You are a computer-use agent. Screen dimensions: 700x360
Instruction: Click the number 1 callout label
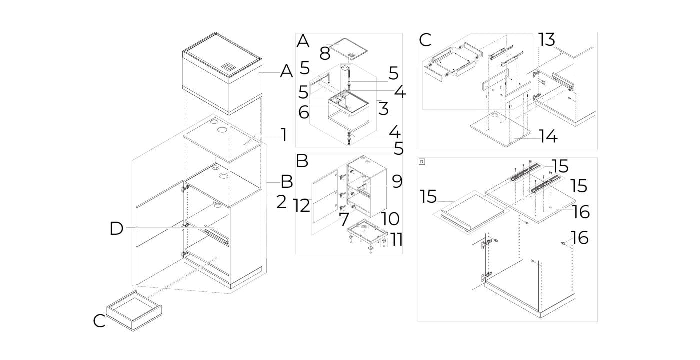tap(284, 135)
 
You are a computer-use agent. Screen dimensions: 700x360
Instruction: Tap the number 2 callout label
tap(281, 202)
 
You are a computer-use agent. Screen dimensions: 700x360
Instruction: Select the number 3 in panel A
tap(383, 109)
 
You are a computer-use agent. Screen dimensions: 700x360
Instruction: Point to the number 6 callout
tap(304, 112)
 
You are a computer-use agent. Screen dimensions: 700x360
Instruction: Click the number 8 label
tap(325, 54)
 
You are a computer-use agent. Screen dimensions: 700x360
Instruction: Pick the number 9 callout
tap(397, 181)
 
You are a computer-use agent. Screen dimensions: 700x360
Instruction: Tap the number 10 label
tap(390, 219)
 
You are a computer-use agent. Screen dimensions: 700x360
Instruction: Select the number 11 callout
tap(397, 240)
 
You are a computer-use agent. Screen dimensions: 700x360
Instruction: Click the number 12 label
tap(302, 206)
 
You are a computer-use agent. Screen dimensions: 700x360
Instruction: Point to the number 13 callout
tap(547, 40)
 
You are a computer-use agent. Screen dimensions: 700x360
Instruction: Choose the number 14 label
tap(549, 136)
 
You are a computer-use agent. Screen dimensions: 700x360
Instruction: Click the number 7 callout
tap(344, 219)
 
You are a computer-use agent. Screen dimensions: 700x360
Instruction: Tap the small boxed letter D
tap(422, 162)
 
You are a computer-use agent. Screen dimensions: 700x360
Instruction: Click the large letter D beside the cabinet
tap(116, 229)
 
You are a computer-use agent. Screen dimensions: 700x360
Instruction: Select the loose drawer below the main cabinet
tap(134, 311)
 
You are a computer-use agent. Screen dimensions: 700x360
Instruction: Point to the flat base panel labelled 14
tap(501, 129)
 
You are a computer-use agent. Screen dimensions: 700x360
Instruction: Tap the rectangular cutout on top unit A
tap(227, 66)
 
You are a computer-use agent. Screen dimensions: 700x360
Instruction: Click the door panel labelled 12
tap(325, 196)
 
